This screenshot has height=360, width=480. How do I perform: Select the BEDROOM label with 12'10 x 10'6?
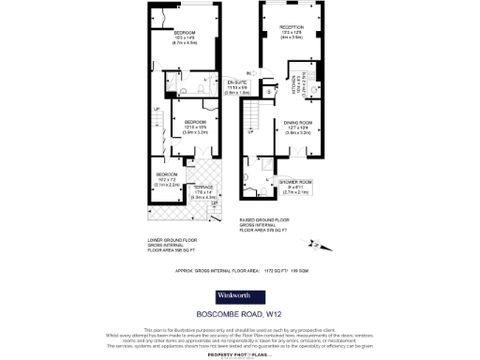(x=195, y=122)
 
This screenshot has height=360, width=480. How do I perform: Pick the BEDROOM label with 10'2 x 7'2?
(x=167, y=175)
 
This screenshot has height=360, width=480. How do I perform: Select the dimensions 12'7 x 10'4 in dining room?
(x=299, y=128)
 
